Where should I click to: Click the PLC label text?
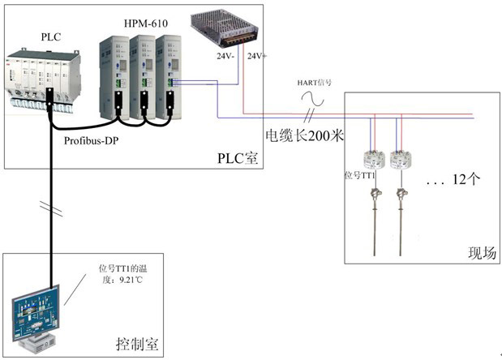tap(49, 36)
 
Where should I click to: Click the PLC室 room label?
tap(237, 156)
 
